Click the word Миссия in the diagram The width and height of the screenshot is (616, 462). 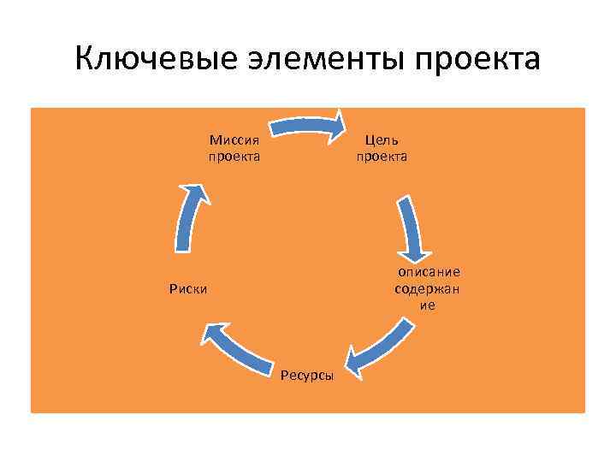click(234, 139)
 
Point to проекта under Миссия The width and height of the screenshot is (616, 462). click(234, 157)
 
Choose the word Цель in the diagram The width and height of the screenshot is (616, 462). click(382, 139)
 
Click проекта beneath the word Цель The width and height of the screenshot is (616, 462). click(382, 157)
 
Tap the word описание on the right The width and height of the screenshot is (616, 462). click(428, 272)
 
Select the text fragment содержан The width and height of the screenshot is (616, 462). click(427, 288)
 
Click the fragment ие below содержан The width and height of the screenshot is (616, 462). click(427, 305)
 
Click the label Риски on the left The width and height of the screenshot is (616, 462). click(187, 288)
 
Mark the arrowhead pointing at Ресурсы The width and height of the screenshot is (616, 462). click(355, 363)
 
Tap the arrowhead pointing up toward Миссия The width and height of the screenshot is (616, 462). click(196, 193)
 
